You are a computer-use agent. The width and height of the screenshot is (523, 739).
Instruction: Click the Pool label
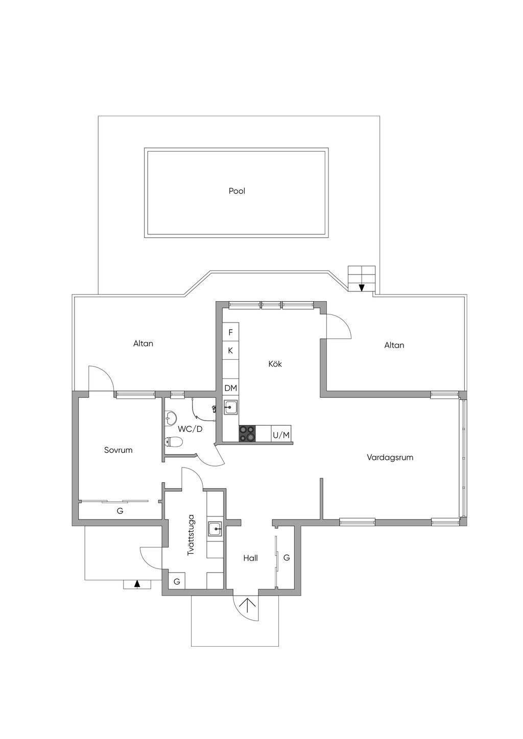point(237,191)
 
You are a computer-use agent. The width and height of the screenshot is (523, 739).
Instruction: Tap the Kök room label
point(275,364)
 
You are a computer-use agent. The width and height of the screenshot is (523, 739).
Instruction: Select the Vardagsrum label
point(390,457)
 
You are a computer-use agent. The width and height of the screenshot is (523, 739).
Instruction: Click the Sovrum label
point(118,450)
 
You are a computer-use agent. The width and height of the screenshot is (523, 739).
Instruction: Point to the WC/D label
point(190,429)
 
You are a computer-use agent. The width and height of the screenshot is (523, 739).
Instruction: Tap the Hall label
point(250,558)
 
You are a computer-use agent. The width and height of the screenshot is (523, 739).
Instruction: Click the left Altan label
point(143,343)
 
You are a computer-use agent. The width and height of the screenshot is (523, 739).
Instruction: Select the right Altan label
point(394,346)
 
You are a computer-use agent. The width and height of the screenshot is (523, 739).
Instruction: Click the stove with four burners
point(248,434)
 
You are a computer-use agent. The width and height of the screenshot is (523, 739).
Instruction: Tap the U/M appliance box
point(281,435)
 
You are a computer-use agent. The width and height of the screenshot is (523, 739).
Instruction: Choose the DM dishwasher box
point(231,388)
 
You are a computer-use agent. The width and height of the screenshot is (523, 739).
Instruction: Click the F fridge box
point(231,332)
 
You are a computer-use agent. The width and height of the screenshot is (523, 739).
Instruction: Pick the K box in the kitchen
point(231,351)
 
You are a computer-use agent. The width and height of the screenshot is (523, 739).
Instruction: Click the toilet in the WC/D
point(174,442)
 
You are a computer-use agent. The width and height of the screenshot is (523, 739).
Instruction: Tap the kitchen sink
point(231,407)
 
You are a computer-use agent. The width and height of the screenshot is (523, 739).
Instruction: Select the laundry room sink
point(215,529)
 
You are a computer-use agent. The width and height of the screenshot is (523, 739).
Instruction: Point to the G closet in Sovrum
point(120,510)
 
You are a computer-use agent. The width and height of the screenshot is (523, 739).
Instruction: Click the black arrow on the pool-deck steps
point(362,287)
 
